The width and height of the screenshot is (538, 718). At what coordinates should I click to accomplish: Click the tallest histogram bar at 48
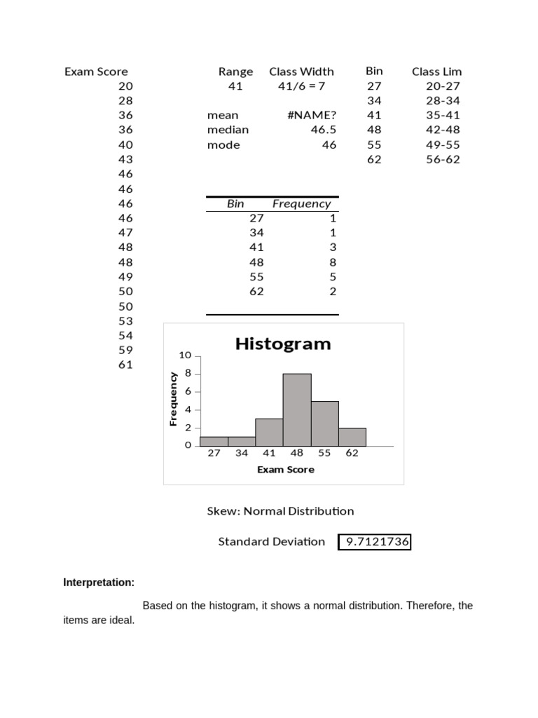coord(296,410)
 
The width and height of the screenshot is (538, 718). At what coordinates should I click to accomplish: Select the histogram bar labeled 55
coord(324,424)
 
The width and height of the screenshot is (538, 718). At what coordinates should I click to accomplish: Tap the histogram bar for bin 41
coord(269,433)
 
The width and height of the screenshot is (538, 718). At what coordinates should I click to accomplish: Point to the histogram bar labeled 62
coord(352,437)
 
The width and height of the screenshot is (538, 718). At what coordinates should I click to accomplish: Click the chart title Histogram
coord(283,344)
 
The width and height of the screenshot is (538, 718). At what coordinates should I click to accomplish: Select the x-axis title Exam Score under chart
coord(285,469)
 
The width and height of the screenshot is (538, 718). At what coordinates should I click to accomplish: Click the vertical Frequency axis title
coord(173,399)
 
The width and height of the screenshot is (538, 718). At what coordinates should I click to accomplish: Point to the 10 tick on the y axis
coord(185,355)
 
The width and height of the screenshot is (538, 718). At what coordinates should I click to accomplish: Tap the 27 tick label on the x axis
coord(214,453)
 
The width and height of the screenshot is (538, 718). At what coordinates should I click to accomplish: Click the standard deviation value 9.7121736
coord(374,542)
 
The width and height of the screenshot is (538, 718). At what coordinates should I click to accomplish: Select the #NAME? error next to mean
coord(311,115)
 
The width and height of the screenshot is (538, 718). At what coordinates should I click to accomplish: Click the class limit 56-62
coord(443,159)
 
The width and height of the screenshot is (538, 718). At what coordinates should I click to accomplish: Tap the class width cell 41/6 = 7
coord(301,86)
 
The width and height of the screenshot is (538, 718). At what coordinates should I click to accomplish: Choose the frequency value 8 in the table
coord(333,262)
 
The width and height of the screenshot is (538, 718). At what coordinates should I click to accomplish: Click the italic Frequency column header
coord(301,204)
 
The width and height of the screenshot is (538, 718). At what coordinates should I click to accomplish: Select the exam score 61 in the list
coord(125,365)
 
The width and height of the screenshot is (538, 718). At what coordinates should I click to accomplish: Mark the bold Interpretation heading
coord(99,583)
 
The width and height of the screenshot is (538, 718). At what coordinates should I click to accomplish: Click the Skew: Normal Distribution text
coord(280,511)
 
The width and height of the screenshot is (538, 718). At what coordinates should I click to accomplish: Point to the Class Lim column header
coord(436,72)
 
